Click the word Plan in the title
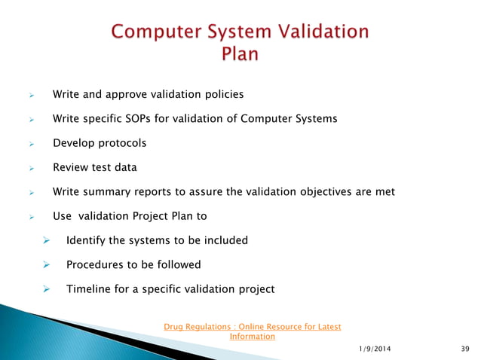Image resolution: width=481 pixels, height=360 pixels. coord(240,54)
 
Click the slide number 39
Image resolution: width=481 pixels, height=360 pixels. coord(464,348)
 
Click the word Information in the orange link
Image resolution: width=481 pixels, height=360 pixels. coord(252,336)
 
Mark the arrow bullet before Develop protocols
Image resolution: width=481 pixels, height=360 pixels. coord(32,144)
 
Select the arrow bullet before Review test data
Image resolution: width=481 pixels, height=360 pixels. coord(32,168)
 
